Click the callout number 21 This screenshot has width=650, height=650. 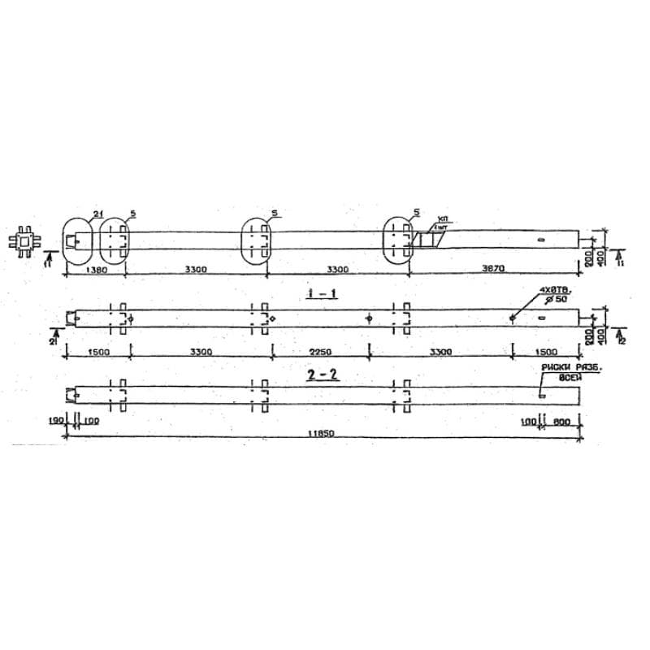coord(97,213)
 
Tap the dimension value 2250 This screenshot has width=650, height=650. coord(319,352)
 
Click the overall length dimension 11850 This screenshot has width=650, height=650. coord(320,434)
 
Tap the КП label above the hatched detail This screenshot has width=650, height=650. coord(442,220)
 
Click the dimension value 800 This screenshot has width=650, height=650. coord(561,421)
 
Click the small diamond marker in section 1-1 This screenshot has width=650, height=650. coord(273,318)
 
